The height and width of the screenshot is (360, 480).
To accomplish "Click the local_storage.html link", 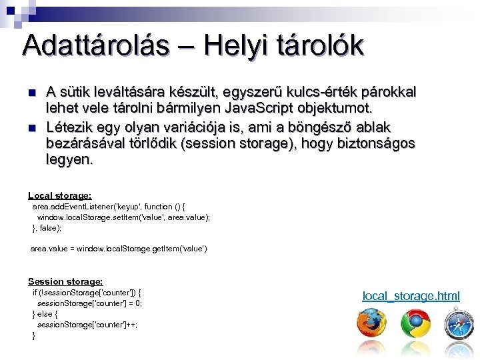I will [x=411, y=295].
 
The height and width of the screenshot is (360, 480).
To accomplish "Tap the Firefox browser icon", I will [x=371, y=324].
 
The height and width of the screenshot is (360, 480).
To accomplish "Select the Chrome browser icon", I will [x=415, y=324].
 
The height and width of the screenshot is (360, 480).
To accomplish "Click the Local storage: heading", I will [x=60, y=195].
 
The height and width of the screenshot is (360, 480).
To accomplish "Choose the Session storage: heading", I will [x=65, y=282].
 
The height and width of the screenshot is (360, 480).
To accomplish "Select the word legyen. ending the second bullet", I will [x=70, y=160].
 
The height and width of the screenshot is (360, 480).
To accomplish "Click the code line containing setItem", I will [x=123, y=217].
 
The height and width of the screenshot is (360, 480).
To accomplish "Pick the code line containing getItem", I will [x=119, y=249].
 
